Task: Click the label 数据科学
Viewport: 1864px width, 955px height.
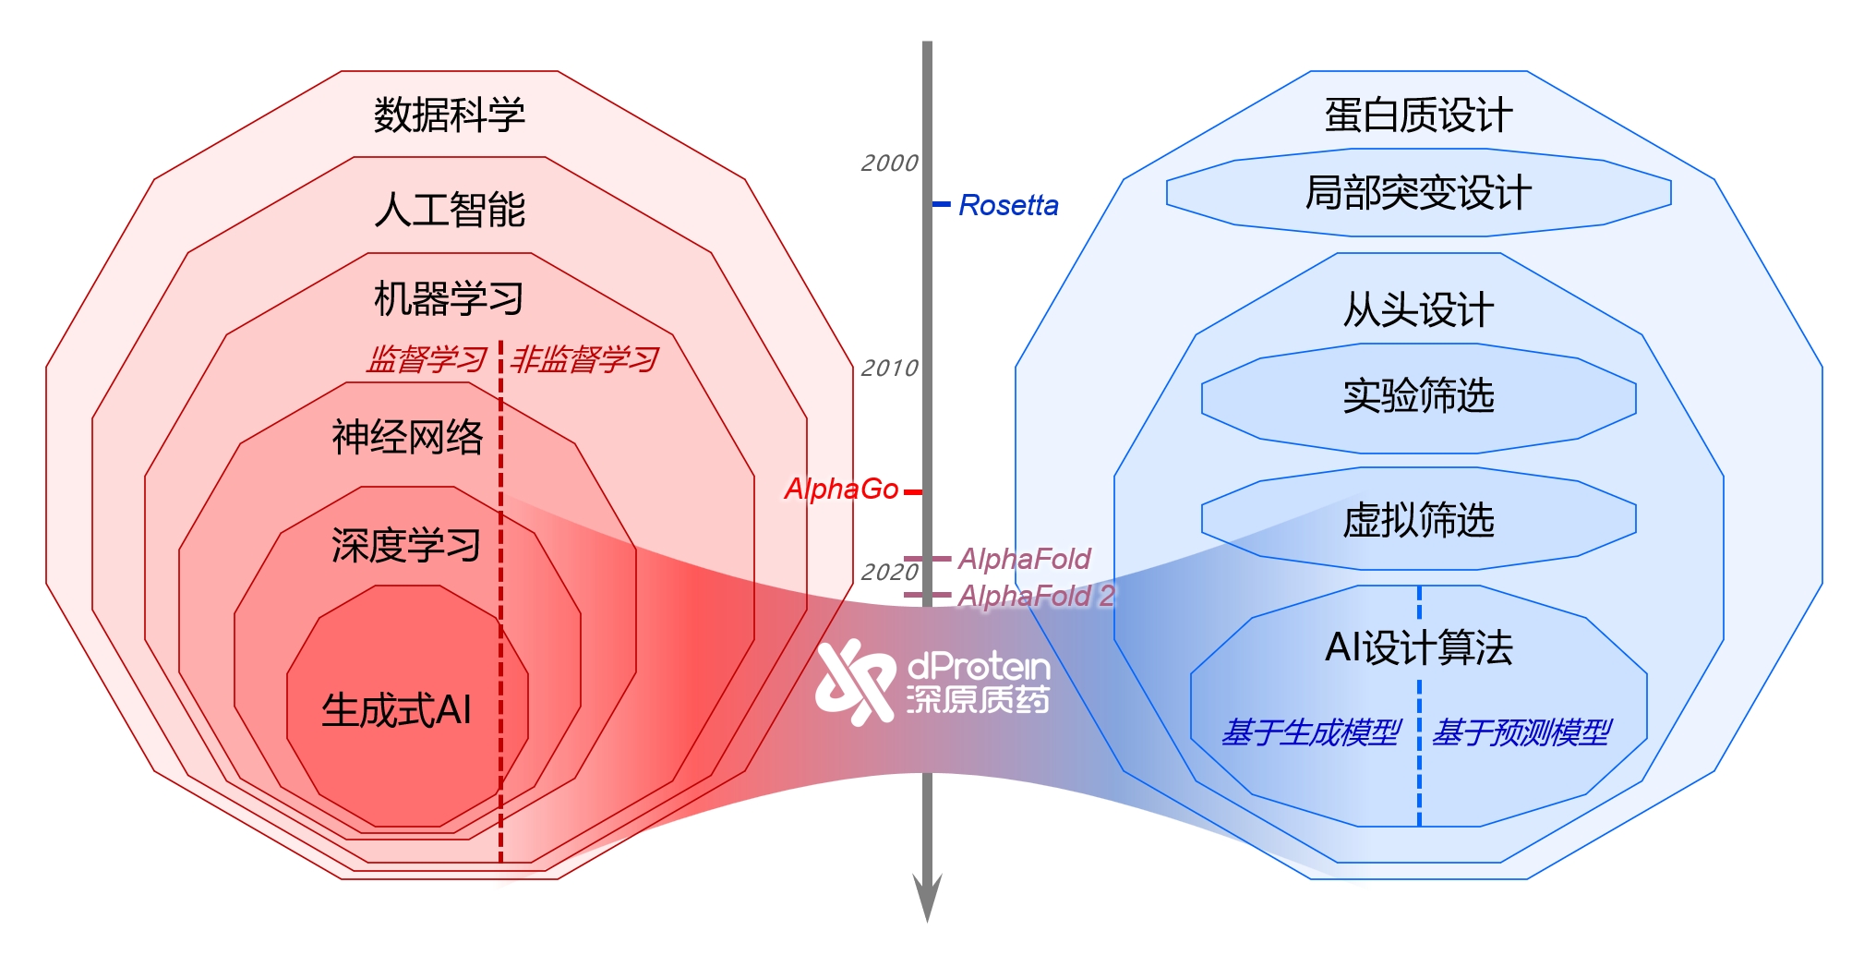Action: tap(449, 115)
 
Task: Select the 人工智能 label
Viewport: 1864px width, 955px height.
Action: tap(450, 210)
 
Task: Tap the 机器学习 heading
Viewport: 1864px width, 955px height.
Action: tap(449, 299)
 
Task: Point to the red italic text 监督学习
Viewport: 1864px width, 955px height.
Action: tap(427, 359)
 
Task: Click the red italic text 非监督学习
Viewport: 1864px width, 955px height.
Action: tap(584, 359)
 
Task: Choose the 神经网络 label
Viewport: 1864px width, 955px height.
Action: tap(407, 437)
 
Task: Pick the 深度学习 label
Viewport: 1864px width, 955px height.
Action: tap(406, 546)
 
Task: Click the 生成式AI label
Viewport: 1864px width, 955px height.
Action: tap(396, 710)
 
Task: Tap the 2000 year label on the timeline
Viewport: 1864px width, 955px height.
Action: tap(889, 163)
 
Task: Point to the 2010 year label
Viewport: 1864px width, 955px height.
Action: tap(889, 369)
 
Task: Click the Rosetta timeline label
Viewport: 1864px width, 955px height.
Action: tap(1008, 205)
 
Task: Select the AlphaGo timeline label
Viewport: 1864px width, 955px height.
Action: tap(841, 489)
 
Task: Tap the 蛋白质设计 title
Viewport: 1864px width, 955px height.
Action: tap(1418, 115)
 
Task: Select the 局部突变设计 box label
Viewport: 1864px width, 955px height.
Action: tap(1418, 193)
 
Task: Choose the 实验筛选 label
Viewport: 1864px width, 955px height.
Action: tap(1418, 396)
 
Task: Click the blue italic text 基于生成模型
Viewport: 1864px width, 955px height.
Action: tap(1311, 732)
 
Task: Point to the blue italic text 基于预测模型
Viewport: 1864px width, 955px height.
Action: tap(1521, 732)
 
